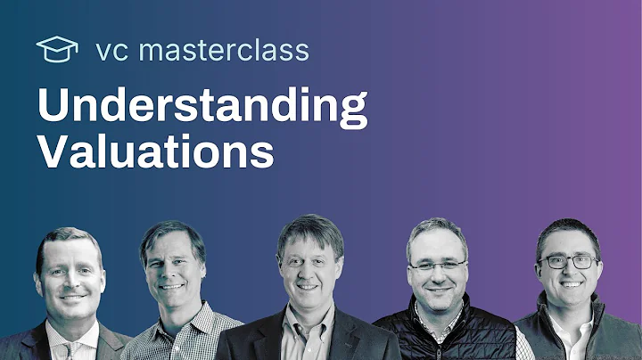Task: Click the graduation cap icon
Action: (57, 49)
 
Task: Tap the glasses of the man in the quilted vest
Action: (436, 266)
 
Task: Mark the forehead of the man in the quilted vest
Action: (436, 244)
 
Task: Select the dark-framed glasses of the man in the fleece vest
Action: (568, 262)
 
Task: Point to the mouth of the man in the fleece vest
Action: (569, 290)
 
